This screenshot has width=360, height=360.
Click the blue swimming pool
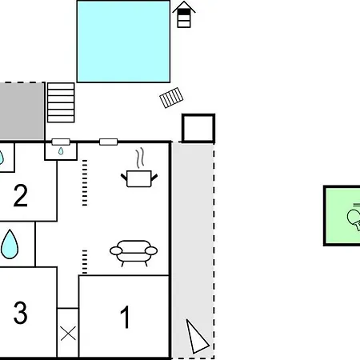click(x=123, y=42)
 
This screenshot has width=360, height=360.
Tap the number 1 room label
click(x=125, y=317)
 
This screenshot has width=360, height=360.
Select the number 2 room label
click(x=21, y=195)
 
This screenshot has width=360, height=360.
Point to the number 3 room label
click(x=21, y=313)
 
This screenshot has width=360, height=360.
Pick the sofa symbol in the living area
click(x=134, y=254)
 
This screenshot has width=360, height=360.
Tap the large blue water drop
click(x=10, y=244)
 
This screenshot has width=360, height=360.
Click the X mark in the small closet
click(x=68, y=334)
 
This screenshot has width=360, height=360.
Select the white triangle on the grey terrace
click(x=197, y=337)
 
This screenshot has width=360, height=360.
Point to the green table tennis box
click(x=342, y=215)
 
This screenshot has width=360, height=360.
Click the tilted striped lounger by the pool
click(x=171, y=98)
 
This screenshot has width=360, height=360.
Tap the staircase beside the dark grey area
click(x=61, y=102)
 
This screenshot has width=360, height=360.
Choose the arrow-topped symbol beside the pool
click(x=184, y=14)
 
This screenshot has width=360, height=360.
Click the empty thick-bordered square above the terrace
click(x=198, y=128)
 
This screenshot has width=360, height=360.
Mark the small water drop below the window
click(x=61, y=151)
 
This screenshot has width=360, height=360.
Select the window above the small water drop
click(x=61, y=142)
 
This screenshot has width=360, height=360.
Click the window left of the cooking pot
click(x=108, y=142)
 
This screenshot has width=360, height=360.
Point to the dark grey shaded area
click(x=22, y=111)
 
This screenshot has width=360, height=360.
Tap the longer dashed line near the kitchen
click(x=85, y=183)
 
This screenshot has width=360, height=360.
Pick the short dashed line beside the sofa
click(x=85, y=262)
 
